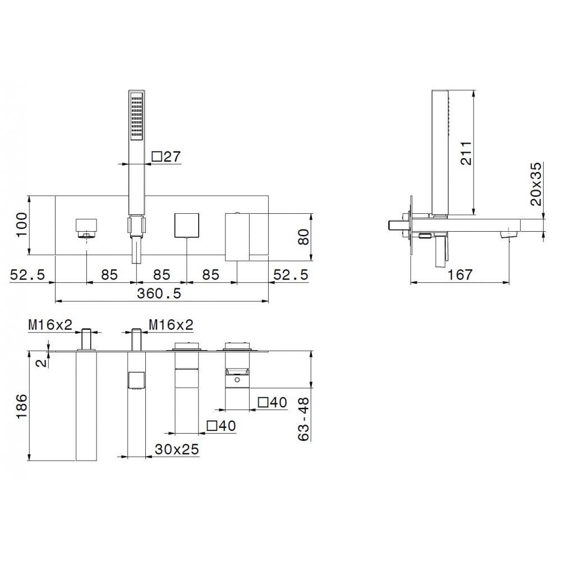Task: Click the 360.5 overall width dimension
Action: click(159, 294)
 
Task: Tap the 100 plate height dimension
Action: click(22, 224)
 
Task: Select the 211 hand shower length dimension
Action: click(466, 153)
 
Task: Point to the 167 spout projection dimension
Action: click(460, 275)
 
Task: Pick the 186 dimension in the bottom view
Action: click(22, 406)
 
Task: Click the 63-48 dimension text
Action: click(304, 419)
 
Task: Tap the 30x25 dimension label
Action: click(177, 449)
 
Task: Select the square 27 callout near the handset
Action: click(167, 157)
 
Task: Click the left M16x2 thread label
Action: click(50, 325)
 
